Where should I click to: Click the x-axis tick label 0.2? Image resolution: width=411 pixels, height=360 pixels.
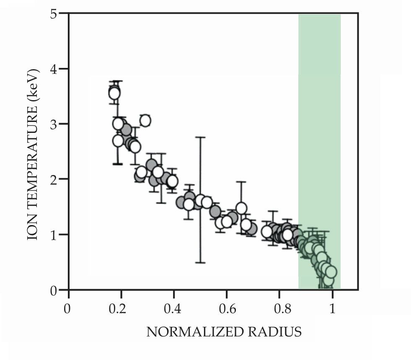click(x=121, y=310)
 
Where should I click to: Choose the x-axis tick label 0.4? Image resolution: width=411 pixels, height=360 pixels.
click(x=174, y=310)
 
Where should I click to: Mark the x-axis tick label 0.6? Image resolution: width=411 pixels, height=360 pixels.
click(x=227, y=310)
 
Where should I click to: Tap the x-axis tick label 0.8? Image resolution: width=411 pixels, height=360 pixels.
click(x=279, y=310)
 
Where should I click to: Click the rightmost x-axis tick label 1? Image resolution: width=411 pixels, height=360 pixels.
click(x=332, y=310)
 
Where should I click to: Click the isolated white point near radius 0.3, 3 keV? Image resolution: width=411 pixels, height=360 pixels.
click(x=145, y=121)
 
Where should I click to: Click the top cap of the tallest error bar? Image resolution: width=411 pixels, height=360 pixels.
click(x=200, y=137)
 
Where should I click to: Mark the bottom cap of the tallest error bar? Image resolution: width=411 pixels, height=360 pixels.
click(x=200, y=262)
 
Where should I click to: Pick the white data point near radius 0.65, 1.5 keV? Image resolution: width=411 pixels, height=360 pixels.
click(x=241, y=208)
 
